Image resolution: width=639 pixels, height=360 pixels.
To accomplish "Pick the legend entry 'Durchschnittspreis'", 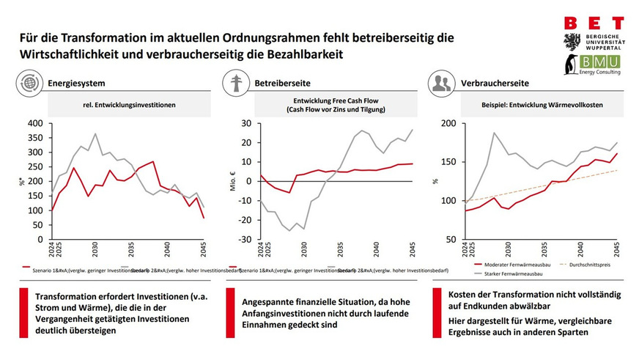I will pos(592,262).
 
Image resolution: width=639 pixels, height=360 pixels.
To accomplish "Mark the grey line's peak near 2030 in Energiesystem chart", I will pos(95,134).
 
